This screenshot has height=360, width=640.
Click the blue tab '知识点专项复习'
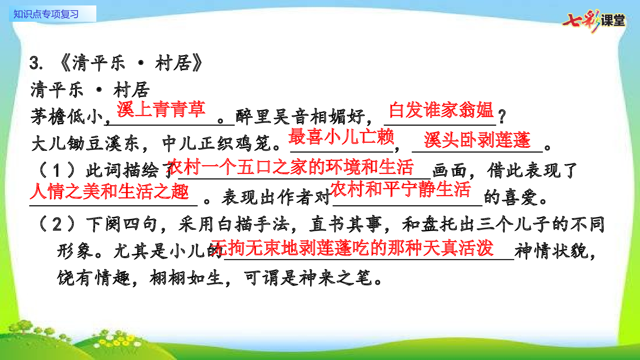click(x=46, y=14)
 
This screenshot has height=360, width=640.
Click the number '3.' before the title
click(x=36, y=63)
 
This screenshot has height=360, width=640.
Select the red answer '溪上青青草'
click(x=161, y=109)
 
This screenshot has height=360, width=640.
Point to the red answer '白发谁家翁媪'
click(x=441, y=110)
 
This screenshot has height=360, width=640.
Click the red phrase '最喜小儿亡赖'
click(x=341, y=137)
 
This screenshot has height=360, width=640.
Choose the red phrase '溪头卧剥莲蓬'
click(x=477, y=140)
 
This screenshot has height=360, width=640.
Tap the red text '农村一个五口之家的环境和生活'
click(x=290, y=167)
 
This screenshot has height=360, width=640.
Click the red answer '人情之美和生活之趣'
click(x=109, y=192)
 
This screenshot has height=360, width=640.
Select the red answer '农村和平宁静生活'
click(x=400, y=189)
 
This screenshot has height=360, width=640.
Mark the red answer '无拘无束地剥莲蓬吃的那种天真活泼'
click(x=352, y=248)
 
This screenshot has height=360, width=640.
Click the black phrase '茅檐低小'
click(x=67, y=116)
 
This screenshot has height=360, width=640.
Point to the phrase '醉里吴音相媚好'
click(x=300, y=116)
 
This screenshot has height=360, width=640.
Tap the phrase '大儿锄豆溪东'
click(x=85, y=143)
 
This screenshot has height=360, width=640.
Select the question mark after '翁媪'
click(x=502, y=116)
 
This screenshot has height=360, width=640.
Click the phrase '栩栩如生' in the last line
click(x=186, y=278)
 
